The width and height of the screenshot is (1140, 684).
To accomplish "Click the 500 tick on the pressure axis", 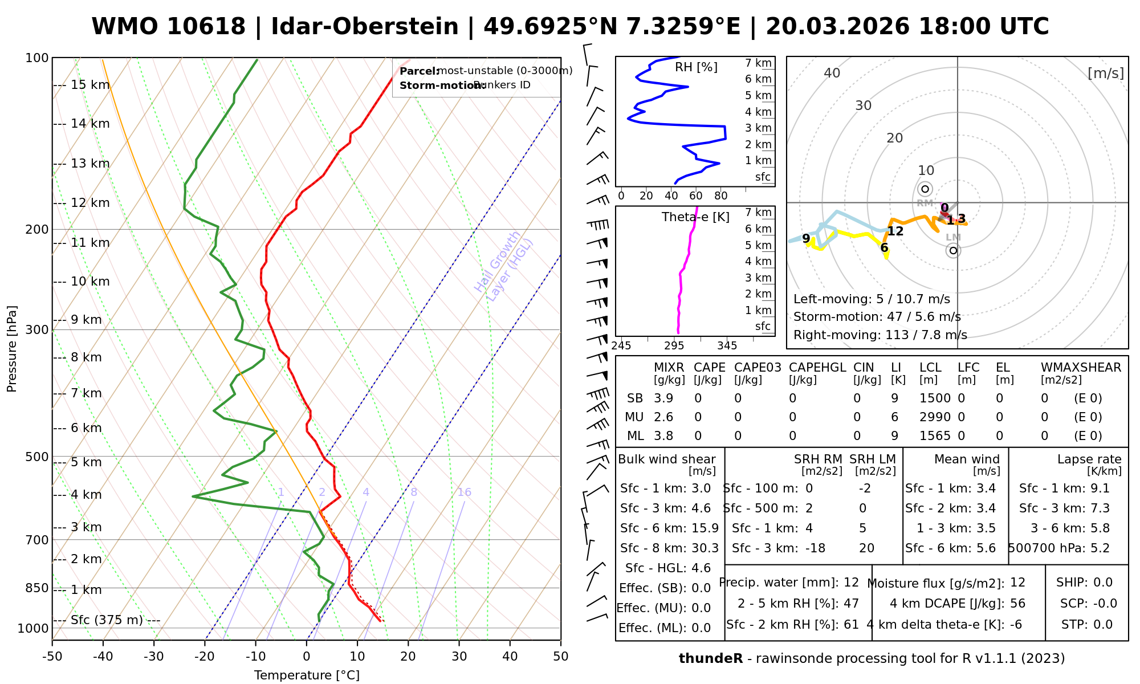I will coord(38,457).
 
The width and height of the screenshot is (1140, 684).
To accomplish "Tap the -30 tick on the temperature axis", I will coord(154,657).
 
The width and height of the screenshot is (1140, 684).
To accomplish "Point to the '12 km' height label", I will coord(90,203).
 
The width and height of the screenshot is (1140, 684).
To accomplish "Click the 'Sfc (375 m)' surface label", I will coord(107,620).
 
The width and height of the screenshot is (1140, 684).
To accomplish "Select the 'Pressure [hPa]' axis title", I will coord(12,349).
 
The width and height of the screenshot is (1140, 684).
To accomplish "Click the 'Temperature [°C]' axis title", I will coord(307,675).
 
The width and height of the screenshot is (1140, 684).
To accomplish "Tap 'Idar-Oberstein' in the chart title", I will coord(365,27).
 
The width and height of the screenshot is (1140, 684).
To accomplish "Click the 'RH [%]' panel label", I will coord(696,67).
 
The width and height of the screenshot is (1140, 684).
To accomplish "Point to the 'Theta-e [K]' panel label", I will coord(695,217).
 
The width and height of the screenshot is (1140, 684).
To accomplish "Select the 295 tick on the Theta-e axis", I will coord(674,346).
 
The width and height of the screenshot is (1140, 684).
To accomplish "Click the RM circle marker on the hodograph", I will coord(925,189).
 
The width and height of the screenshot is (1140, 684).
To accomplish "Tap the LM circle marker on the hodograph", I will coord(953,250).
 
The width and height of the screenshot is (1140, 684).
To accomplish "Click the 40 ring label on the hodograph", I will coord(832,73).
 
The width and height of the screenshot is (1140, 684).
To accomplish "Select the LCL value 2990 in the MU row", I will coord(935,417).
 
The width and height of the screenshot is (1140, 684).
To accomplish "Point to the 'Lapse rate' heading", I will coord(1089,459).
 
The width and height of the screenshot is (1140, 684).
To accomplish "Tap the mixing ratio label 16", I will coord(465,492).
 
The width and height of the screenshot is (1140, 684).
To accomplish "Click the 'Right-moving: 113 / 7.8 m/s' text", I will coord(880,335).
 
